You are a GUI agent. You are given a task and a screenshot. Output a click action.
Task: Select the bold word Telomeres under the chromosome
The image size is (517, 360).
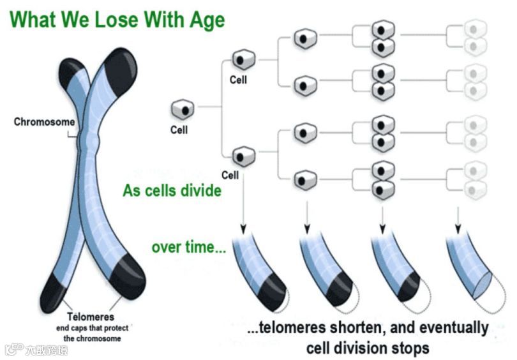click(x=91, y=317)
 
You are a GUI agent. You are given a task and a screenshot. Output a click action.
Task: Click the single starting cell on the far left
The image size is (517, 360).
click(x=182, y=110)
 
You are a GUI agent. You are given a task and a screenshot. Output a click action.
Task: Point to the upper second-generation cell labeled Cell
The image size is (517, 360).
click(x=242, y=59)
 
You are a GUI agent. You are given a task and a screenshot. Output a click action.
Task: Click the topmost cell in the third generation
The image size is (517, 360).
click(x=304, y=40)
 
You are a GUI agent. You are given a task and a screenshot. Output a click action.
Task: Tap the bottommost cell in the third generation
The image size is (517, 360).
click(x=304, y=179)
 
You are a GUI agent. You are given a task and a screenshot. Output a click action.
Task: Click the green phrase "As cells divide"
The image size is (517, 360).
click(x=172, y=191)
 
